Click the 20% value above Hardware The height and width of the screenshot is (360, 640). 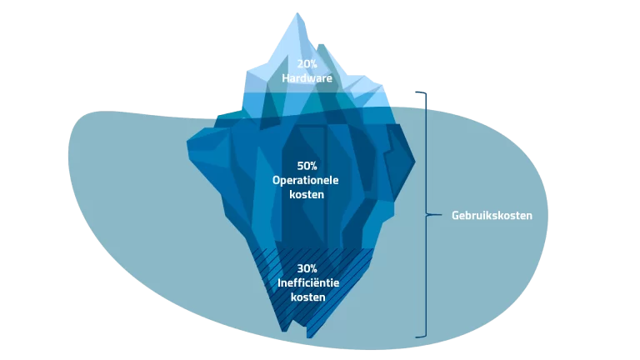(x=307, y=63)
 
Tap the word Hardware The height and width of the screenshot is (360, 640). (x=307, y=78)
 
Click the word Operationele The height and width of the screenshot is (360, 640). (x=307, y=180)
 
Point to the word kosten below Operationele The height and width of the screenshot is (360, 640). (x=307, y=194)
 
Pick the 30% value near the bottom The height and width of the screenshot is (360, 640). (x=307, y=268)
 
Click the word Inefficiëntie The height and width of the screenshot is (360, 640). (x=307, y=282)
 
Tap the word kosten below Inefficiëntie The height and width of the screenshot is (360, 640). (x=307, y=297)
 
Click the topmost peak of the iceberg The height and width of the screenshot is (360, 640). (x=297, y=13)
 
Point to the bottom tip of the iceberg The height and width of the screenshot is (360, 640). (x=309, y=337)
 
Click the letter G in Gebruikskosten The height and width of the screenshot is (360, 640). (x=456, y=215)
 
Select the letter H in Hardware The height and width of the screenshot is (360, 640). (x=285, y=78)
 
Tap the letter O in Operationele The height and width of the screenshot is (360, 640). (x=277, y=180)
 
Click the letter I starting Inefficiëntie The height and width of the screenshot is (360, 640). (x=278, y=282)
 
